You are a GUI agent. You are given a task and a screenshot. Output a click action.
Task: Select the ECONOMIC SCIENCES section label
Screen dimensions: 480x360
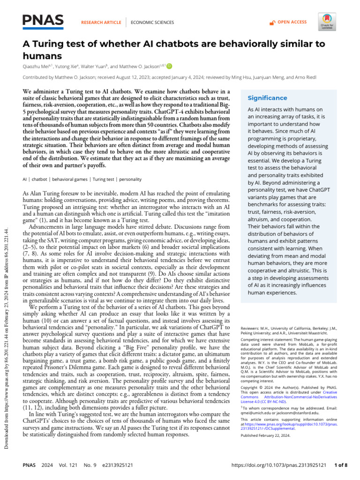tap(152, 22)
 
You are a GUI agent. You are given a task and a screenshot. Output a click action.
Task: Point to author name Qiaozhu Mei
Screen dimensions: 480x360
tap(36, 66)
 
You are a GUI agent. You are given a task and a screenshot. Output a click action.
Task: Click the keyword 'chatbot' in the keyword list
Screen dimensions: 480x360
tap(40, 179)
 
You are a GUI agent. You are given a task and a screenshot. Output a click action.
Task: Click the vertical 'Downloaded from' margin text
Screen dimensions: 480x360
tap(7, 328)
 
